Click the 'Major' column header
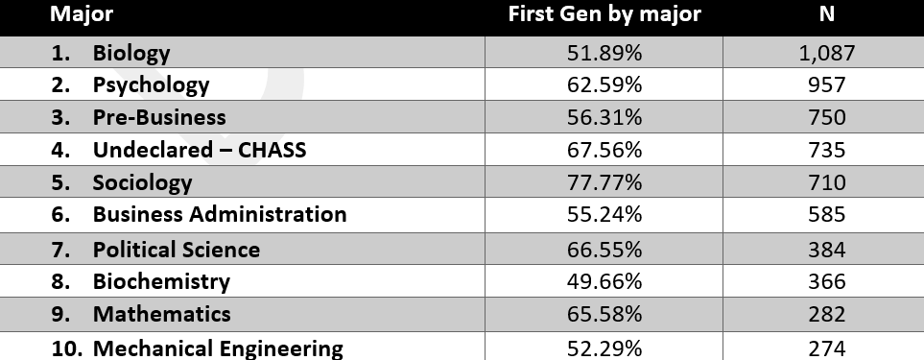click(x=82, y=13)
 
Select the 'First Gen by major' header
click(x=604, y=13)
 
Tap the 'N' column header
click(x=827, y=13)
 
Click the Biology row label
click(x=130, y=53)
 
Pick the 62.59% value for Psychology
click(x=604, y=84)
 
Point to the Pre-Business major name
click(x=159, y=117)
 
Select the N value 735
click(x=827, y=150)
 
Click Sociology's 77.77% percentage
click(x=604, y=182)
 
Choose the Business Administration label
click(x=220, y=214)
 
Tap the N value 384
click(x=827, y=250)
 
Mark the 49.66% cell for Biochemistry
click(x=604, y=281)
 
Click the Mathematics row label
click(x=161, y=314)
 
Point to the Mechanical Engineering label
click(x=218, y=348)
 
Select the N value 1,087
click(x=827, y=53)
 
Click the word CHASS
click(x=272, y=150)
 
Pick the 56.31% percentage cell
click(x=604, y=117)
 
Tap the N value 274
click(x=827, y=348)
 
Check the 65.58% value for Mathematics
click(x=604, y=314)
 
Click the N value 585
click(x=827, y=214)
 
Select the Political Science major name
click(x=177, y=250)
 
